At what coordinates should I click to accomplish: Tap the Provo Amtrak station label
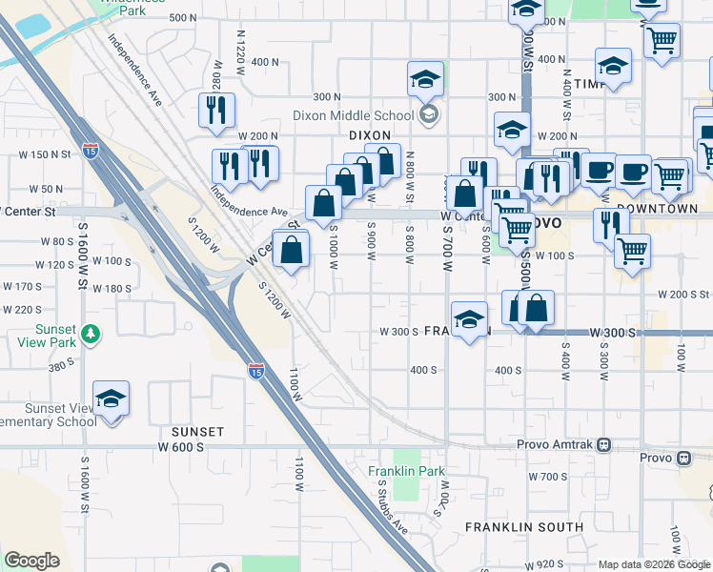click(556, 445)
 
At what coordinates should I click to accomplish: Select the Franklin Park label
click(407, 471)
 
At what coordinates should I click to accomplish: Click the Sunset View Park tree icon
click(91, 334)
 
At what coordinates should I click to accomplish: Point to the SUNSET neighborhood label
click(197, 432)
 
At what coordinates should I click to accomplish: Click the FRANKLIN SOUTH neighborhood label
click(524, 526)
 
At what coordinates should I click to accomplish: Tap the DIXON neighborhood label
click(371, 135)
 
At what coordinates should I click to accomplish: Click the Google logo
click(32, 561)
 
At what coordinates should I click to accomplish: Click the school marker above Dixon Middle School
click(425, 79)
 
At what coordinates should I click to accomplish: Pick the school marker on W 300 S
click(469, 319)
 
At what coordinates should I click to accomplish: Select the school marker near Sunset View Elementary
click(111, 399)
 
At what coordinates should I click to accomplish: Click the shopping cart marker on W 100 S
click(632, 251)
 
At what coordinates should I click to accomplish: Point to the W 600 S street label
click(176, 446)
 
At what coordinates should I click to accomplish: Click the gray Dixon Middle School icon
click(429, 115)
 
